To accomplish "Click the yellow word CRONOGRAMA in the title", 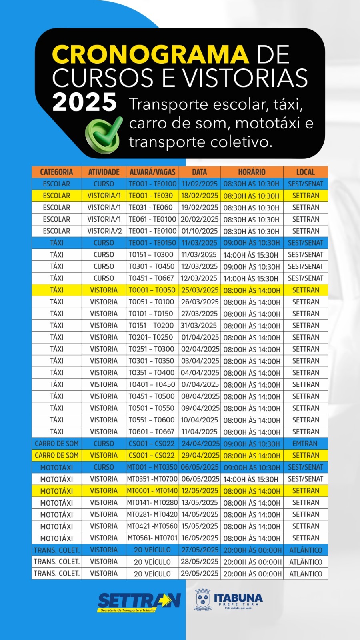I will tap(150, 54).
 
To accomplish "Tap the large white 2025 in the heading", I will tap(84, 102).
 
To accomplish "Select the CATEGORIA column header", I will tap(56, 172).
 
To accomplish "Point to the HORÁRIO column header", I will tap(252, 172).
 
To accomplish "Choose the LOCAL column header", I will tap(306, 172).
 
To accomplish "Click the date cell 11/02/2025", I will tap(199, 184).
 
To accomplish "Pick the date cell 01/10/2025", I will tap(199, 231).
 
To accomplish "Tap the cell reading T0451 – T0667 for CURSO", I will tap(151, 278).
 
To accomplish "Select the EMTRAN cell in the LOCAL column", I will tap(305, 444).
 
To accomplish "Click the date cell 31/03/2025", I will tap(199, 326).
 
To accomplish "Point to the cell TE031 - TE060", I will tap(151, 208).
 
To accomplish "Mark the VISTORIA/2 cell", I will tap(104, 231).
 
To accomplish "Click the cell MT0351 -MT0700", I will tap(152, 479).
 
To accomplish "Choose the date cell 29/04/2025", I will tap(200, 456).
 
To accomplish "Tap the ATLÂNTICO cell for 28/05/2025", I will tap(306, 562).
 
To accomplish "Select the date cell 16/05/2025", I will tap(200, 538).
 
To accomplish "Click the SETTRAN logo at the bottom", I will tap(139, 602).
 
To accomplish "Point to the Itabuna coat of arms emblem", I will tap(203, 600).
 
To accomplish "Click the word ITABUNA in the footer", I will tap(238, 598).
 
